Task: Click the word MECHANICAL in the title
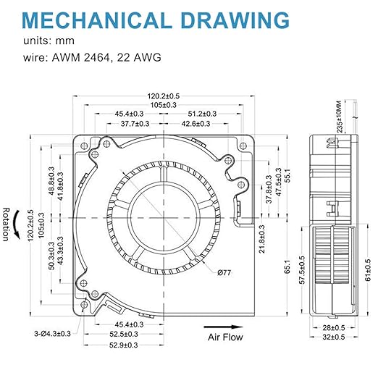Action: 96,20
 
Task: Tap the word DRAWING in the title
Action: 235,20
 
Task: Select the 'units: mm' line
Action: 49,41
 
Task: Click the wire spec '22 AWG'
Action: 139,57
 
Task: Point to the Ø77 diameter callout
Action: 224,273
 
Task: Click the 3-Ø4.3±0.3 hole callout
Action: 52,334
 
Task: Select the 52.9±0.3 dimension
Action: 124,345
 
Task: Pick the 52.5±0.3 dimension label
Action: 124,334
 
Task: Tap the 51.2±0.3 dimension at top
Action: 202,114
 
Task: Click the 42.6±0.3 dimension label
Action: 196,124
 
